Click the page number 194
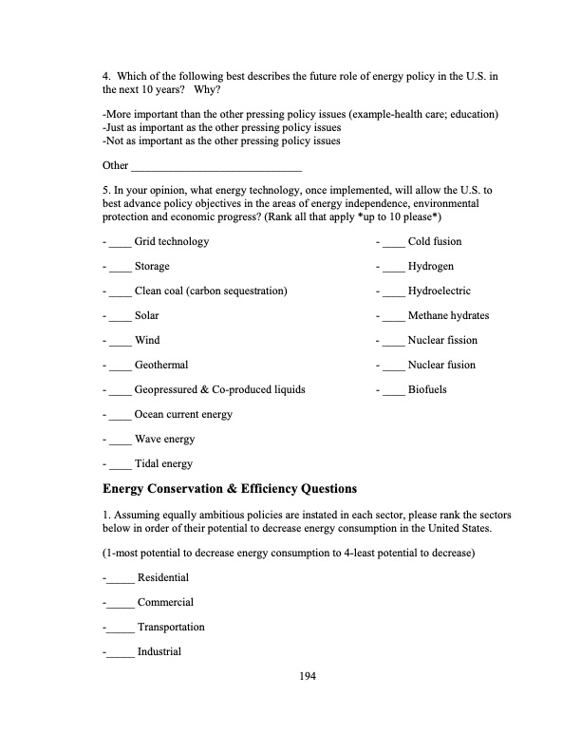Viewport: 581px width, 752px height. [x=307, y=676]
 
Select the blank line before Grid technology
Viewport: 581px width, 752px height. [x=120, y=242]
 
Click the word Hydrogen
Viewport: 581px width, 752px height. [x=430, y=267]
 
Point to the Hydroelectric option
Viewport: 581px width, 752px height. [x=439, y=291]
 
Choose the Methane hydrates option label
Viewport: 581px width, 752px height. [x=448, y=316]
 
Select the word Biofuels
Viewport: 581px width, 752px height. [x=427, y=390]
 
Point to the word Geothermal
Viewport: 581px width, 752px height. [x=161, y=366]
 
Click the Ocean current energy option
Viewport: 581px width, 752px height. [x=183, y=415]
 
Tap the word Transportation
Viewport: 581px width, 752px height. [x=171, y=628]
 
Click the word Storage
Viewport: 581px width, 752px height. [x=152, y=267]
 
